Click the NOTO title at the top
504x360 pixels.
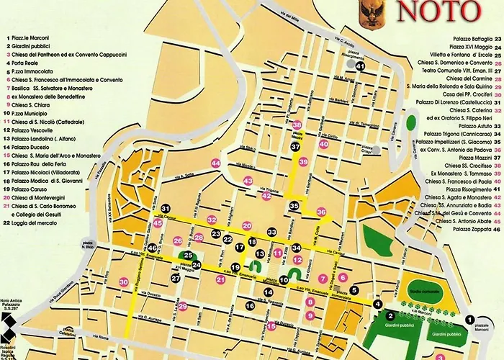click(438, 12)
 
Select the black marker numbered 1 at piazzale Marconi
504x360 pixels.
click(469, 319)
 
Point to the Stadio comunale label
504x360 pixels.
click(420, 285)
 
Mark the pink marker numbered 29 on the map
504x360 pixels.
click(183, 307)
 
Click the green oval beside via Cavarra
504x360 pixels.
click(411, 122)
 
